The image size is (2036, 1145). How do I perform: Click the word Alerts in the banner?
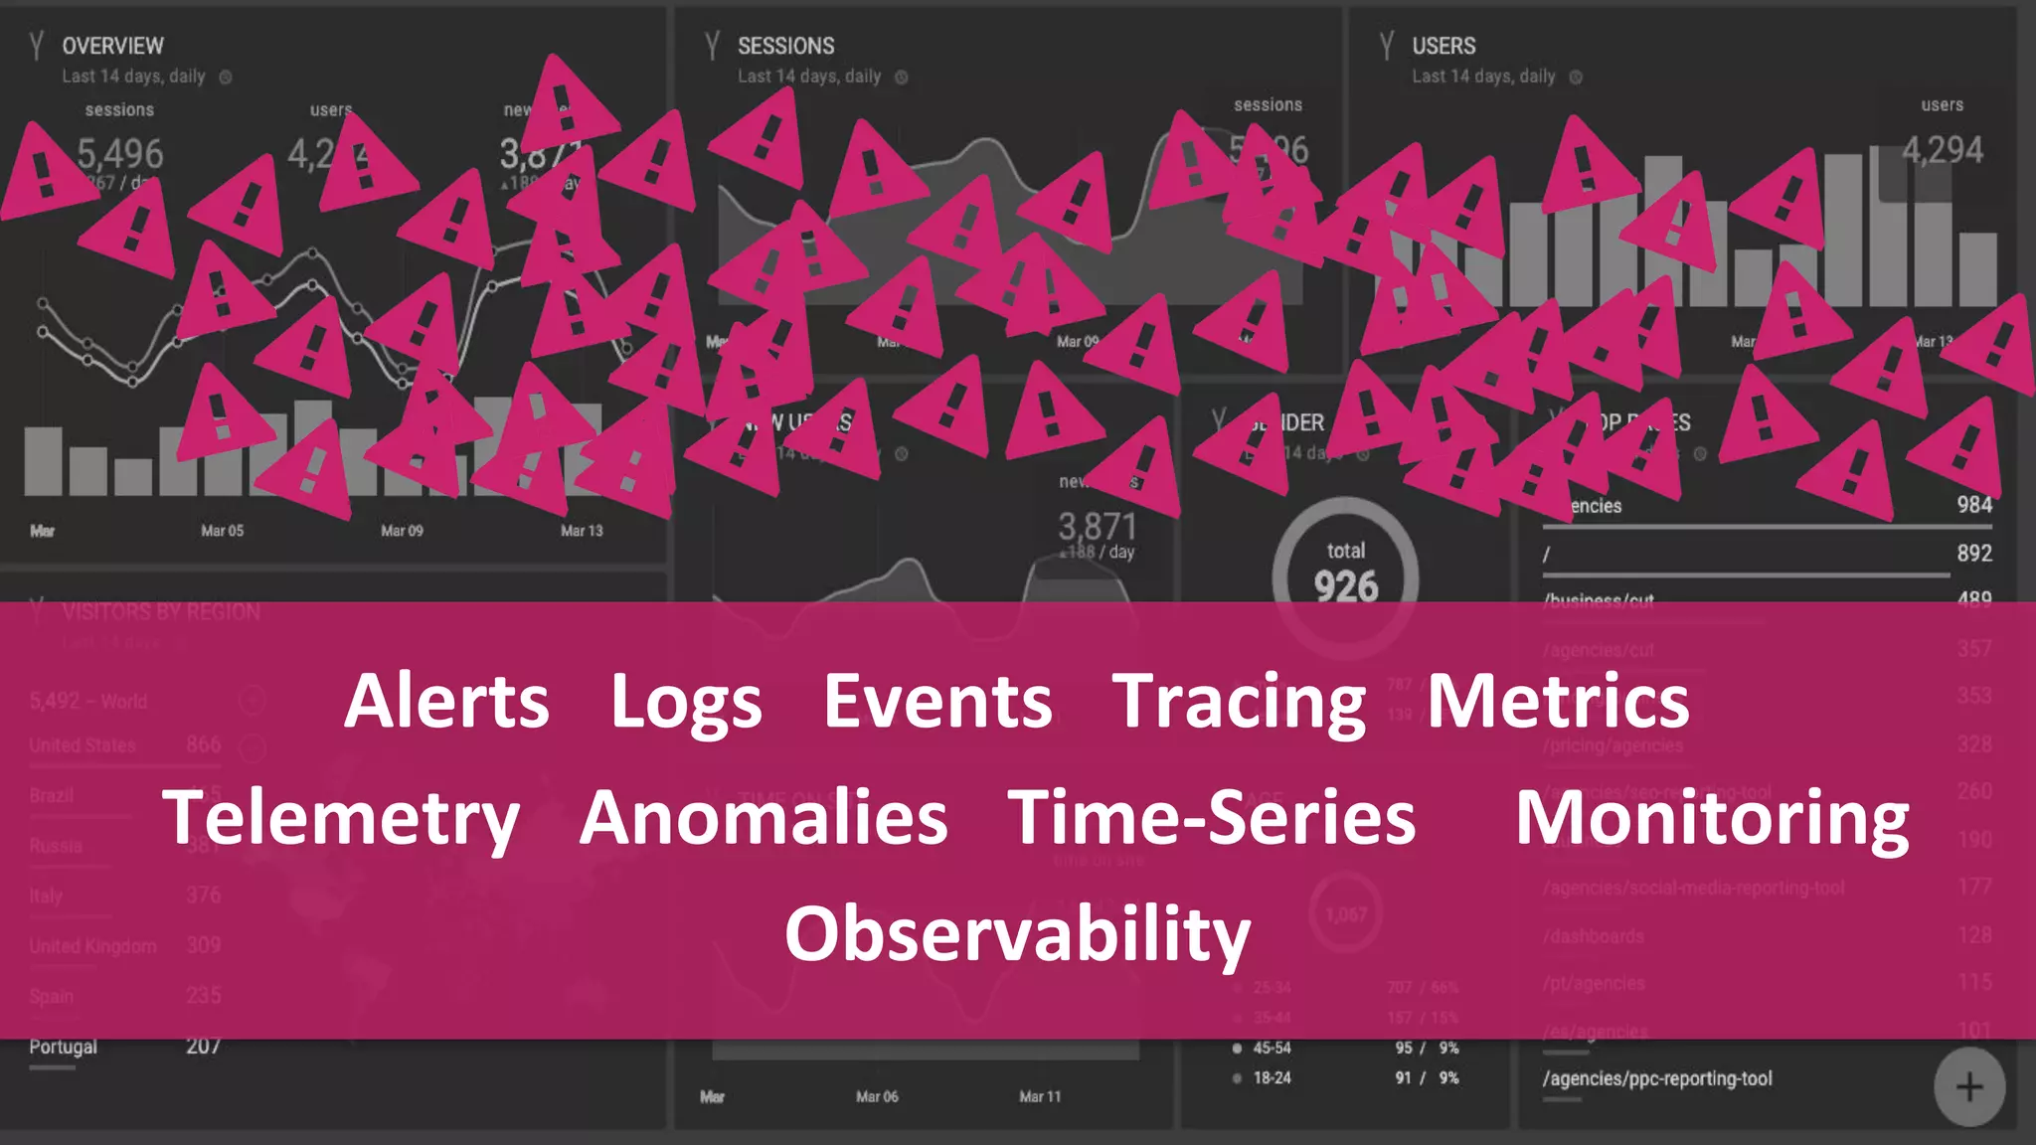pos(446,701)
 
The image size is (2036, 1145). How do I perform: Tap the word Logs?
pos(686,703)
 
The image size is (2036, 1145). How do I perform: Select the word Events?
pos(937,701)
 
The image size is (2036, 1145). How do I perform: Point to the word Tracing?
pos(1239,703)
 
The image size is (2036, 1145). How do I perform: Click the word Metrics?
pos(1558,701)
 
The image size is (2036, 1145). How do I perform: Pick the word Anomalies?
pos(763,817)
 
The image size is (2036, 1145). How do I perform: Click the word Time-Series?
pos(1212,817)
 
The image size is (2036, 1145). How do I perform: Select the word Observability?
pos(1017,934)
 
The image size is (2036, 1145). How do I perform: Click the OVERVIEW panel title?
pos(112,46)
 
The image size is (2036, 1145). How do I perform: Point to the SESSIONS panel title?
pos(785,46)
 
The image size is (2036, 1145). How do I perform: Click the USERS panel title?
pos(1443,46)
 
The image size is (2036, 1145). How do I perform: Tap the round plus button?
pos(1968,1087)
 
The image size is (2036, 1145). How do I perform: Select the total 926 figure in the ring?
pos(1346,585)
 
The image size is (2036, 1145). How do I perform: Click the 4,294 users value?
pos(1943,150)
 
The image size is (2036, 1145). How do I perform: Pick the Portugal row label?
pos(64,1047)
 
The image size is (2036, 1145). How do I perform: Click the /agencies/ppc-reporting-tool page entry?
pos(1657,1078)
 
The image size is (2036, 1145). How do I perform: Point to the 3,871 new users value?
pos(1097,526)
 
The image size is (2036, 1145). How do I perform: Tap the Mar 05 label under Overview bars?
pos(222,531)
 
